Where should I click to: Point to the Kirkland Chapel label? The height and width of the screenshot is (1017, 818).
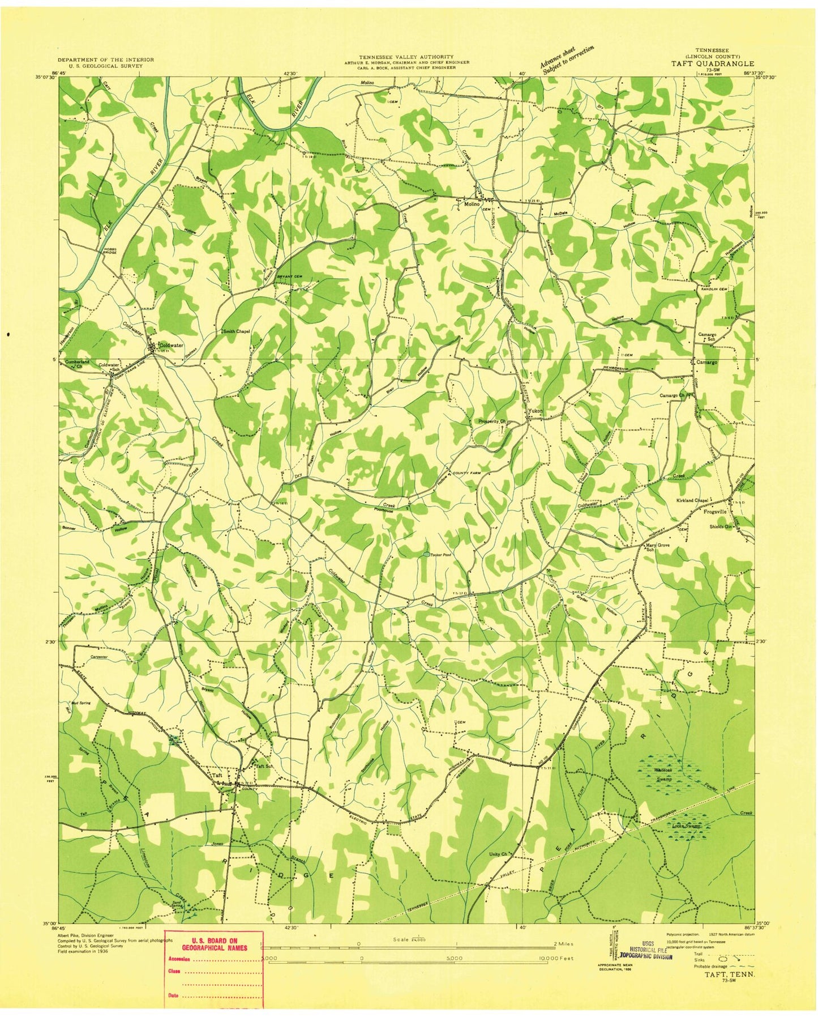pyautogui.click(x=692, y=500)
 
